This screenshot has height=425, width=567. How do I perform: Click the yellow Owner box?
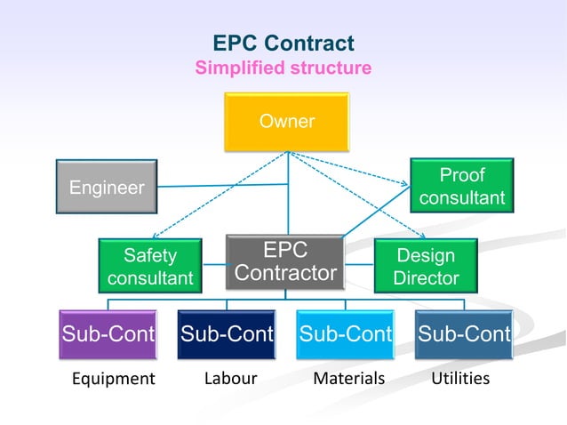(x=287, y=121)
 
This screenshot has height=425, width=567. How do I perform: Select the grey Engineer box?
(x=107, y=188)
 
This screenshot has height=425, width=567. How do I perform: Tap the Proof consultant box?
(x=461, y=186)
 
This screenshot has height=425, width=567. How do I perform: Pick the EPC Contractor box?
(x=285, y=261)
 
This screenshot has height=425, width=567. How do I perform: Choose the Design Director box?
(x=426, y=266)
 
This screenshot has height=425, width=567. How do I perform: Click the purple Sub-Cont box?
(x=108, y=334)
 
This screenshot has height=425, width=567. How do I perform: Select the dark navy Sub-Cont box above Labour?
(x=227, y=334)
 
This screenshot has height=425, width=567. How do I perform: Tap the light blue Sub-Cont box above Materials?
(x=346, y=334)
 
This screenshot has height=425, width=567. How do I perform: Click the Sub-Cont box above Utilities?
(x=464, y=334)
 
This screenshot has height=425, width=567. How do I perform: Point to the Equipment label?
(x=113, y=379)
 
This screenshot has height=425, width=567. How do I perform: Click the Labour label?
(x=230, y=379)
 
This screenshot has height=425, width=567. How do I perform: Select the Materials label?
(x=349, y=379)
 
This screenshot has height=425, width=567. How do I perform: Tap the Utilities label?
(x=460, y=379)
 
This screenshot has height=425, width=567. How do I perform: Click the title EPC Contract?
(x=283, y=44)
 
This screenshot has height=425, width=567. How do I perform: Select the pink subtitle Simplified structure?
(x=283, y=68)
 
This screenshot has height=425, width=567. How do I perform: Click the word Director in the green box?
(x=427, y=277)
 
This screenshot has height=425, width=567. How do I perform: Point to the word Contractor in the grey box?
(x=285, y=273)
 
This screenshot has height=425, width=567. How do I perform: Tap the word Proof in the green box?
(x=462, y=175)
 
